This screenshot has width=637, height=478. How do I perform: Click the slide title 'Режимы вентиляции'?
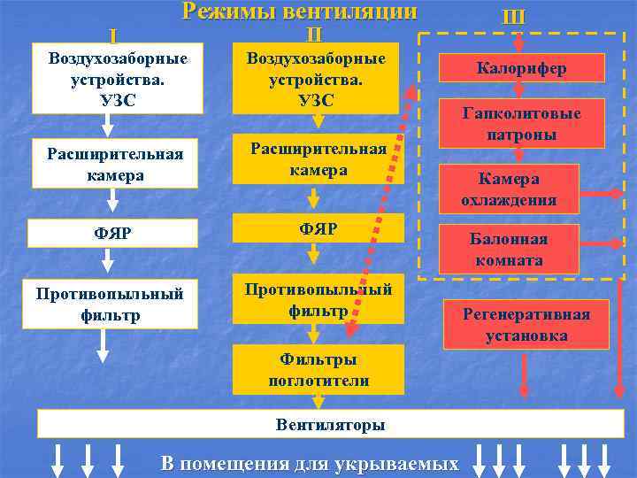pyautogui.click(x=299, y=12)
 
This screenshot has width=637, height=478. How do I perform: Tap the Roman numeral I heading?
pyautogui.click(x=112, y=36)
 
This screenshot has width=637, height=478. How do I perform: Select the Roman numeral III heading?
pyautogui.click(x=513, y=17)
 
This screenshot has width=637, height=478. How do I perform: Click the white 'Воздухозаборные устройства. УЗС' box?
pyautogui.click(x=118, y=78)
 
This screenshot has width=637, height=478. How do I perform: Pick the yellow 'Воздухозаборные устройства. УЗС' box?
pyautogui.click(x=318, y=78)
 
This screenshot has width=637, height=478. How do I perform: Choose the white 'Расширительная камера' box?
pyautogui.click(x=115, y=165)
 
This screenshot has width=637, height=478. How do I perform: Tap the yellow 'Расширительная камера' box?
pyautogui.click(x=318, y=159)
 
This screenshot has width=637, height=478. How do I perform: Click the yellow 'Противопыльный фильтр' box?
pyautogui.click(x=318, y=300)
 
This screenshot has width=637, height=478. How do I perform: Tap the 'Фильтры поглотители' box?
pyautogui.click(x=318, y=370)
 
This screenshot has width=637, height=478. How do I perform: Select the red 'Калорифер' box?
pyautogui.click(x=521, y=68)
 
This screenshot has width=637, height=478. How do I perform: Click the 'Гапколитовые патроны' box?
pyautogui.click(x=521, y=123)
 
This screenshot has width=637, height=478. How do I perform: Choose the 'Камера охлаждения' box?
pyautogui.click(x=508, y=189)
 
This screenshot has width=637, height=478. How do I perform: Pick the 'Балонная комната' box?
pyautogui.click(x=508, y=249)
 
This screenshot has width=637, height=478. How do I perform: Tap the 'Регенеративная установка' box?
pyautogui.click(x=526, y=323)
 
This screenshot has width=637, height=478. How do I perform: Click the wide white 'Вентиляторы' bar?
pyautogui.click(x=330, y=425)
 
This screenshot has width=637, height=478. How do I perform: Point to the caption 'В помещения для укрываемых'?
pyautogui.click(x=310, y=464)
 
